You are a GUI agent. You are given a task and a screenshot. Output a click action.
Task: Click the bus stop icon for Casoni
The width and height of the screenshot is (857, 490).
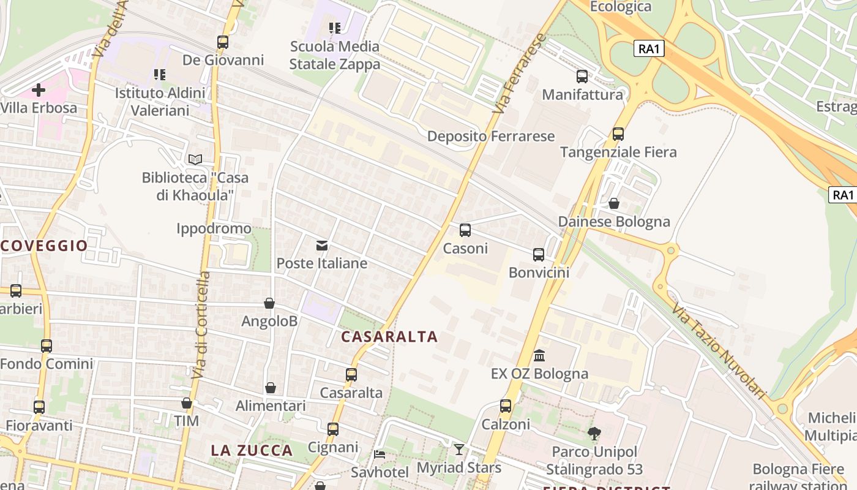(465, 230)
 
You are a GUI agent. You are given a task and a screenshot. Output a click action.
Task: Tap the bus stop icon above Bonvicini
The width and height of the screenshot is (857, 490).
(539, 255)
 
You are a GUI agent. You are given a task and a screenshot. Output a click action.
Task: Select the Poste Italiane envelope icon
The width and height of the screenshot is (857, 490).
(322, 246)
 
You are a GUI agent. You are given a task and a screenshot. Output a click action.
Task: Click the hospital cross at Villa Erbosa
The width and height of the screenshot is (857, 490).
(39, 90)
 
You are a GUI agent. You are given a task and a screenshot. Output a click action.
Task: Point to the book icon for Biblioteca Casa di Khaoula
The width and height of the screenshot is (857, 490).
(195, 159)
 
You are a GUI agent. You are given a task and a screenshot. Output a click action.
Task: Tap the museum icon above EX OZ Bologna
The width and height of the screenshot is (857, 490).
(539, 355)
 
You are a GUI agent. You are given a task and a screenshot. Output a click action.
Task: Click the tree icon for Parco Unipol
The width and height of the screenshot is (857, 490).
(594, 434)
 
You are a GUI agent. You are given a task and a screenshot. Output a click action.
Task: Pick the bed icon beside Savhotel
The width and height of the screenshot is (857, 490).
(380, 454)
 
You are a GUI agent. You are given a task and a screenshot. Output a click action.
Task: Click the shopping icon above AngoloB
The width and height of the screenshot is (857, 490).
(269, 303)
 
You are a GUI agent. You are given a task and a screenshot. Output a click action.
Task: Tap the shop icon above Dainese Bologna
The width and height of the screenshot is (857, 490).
(614, 203)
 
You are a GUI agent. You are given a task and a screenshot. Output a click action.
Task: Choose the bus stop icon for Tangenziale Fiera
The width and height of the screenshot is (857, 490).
(618, 134)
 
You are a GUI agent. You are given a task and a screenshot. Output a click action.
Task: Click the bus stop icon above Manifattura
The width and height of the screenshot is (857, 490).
(582, 77)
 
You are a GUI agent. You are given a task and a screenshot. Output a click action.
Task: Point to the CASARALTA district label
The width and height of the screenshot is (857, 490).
(389, 336)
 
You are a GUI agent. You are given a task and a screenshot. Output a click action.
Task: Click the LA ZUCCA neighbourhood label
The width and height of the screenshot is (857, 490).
(252, 450)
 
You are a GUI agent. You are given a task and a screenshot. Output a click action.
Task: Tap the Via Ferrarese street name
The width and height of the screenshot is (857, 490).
(520, 73)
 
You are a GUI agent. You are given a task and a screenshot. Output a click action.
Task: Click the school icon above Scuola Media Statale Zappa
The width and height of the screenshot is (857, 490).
(334, 28)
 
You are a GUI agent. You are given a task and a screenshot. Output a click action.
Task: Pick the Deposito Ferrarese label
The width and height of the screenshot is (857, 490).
(491, 136)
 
